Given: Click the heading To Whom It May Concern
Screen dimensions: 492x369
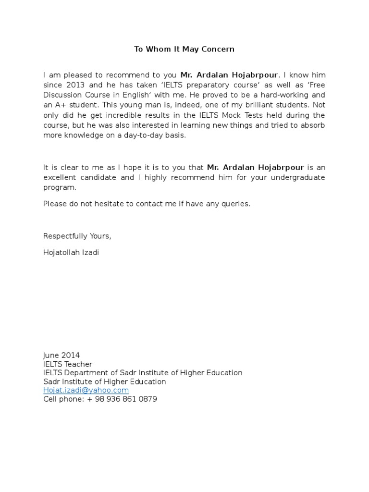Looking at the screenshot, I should tap(184, 49).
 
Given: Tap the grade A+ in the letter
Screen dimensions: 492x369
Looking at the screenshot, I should tap(61, 105).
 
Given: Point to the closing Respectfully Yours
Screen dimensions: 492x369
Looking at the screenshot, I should tap(77, 236).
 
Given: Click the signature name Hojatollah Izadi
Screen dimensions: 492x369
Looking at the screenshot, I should tap(71, 253).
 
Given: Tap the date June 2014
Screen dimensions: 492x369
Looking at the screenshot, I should tap(61, 356).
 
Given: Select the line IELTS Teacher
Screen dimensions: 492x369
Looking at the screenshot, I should tap(68, 364).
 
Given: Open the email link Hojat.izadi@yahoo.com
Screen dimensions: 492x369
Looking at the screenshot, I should tap(86, 390).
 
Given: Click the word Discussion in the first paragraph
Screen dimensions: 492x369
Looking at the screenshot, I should tap(62, 95).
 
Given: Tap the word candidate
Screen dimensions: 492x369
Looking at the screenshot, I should tap(100, 178).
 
